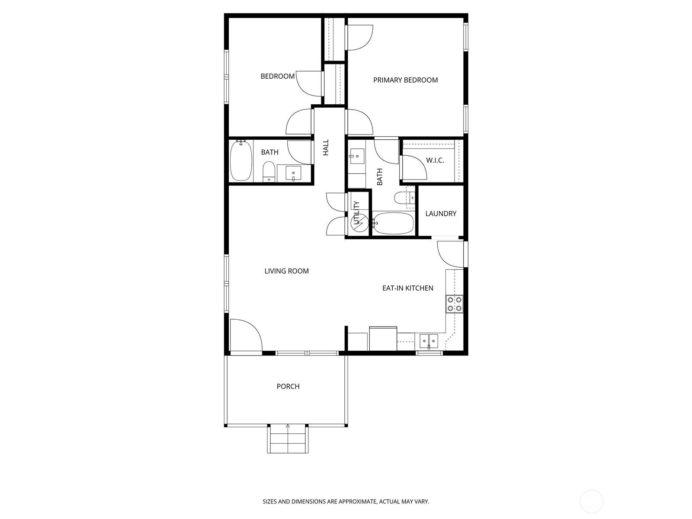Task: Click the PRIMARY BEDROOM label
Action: (405, 80)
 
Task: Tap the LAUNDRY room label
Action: (441, 214)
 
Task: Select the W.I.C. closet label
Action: (435, 160)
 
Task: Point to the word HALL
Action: (326, 147)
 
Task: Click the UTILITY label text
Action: (356, 213)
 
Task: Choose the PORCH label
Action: (288, 387)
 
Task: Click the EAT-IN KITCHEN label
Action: (407, 288)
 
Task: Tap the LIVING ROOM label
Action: (286, 271)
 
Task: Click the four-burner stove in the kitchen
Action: (455, 304)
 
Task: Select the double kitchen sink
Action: (429, 341)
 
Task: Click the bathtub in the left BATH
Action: (240, 160)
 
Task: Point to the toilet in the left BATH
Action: (269, 172)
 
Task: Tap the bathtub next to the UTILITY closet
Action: (393, 223)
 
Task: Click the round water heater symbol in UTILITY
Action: (359, 224)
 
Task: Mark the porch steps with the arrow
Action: (288, 439)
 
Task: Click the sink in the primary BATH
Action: (357, 155)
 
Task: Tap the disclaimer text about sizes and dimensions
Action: (346, 502)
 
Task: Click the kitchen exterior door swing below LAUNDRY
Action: (451, 254)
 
